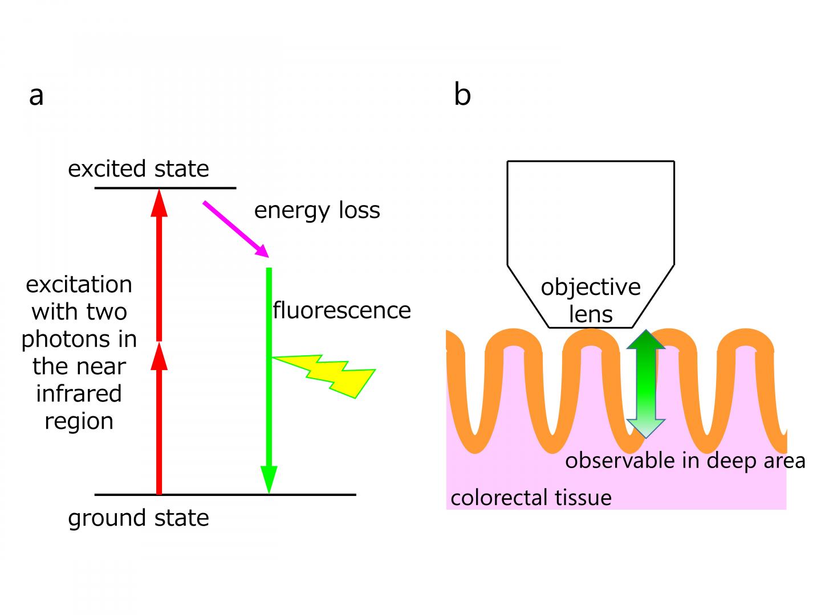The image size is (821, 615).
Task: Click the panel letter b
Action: click(462, 94)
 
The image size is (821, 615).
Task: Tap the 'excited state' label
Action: click(139, 169)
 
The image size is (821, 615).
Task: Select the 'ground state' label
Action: click(139, 518)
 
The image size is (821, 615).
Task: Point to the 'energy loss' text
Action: click(317, 211)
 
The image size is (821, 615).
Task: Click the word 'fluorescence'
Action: click(342, 310)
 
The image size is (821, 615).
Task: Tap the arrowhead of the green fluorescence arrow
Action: click(269, 478)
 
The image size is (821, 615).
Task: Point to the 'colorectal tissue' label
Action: click(531, 498)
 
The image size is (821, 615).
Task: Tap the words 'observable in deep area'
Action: click(685, 461)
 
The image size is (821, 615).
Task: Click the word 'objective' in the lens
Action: click(591, 287)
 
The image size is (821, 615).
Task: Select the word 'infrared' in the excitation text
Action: click(79, 394)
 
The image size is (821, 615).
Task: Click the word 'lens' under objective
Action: click(591, 314)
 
